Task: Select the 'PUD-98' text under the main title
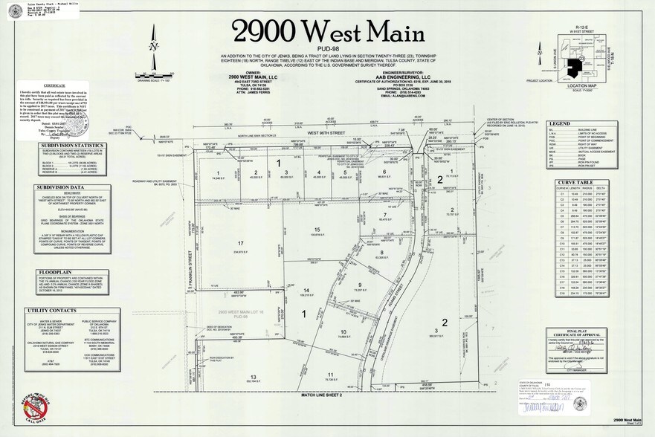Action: coord(326,49)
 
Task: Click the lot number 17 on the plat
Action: coord(240,243)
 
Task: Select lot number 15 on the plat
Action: coord(317,230)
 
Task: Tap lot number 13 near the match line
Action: coord(253,377)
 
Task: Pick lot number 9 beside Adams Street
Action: coord(360,285)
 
